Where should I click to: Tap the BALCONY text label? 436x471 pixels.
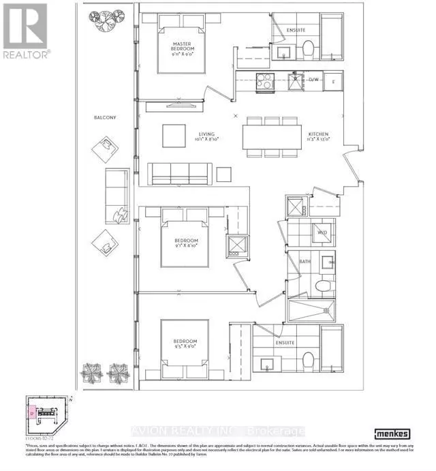point(105,117)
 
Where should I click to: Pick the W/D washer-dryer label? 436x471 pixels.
point(322,233)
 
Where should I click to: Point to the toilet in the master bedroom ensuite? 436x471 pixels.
point(307,48)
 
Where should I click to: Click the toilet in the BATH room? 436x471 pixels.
point(324,284)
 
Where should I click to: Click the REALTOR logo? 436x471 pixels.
point(25,32)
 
